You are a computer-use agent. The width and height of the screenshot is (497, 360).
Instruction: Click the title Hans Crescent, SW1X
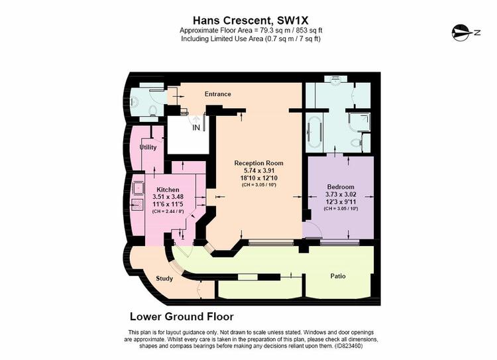click(x=250, y=21)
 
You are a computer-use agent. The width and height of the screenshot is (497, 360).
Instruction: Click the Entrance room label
click(x=218, y=94)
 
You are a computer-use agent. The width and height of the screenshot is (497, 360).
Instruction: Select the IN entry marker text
click(x=196, y=127)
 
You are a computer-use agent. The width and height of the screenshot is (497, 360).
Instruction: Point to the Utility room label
click(x=148, y=147)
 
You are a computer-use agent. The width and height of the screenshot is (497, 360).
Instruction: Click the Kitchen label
click(x=168, y=190)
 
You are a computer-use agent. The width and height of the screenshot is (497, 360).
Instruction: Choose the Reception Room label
click(x=258, y=163)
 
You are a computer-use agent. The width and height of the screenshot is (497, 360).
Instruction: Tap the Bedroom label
click(x=341, y=187)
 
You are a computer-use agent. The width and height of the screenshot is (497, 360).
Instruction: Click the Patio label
click(x=338, y=276)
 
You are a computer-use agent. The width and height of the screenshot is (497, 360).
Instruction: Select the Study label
click(x=164, y=278)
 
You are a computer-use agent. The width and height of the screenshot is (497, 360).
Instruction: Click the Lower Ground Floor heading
click(x=182, y=316)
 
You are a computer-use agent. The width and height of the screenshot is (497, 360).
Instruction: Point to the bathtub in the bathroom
click(x=314, y=131)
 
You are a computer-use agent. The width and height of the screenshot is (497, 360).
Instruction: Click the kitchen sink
click(x=138, y=188)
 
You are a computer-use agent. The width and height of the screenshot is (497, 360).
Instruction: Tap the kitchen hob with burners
click(x=138, y=205)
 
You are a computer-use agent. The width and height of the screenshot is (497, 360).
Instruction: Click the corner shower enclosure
click(x=359, y=123)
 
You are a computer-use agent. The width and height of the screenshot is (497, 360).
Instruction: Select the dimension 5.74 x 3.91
click(x=258, y=170)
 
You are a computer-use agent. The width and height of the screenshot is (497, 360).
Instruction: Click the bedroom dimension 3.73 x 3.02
click(x=341, y=194)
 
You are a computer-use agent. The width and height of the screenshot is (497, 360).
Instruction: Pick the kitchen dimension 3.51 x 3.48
click(x=168, y=197)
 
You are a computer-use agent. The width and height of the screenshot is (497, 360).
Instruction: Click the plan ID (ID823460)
click(x=349, y=346)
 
